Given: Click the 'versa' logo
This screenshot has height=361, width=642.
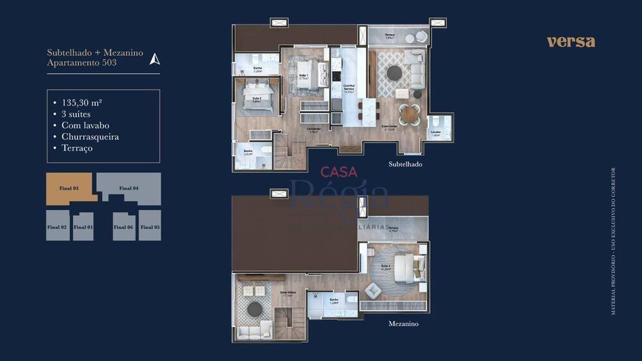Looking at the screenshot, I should [571, 42].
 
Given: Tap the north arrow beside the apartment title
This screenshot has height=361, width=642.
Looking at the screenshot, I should [154, 59].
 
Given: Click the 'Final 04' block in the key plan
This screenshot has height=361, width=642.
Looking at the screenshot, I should [129, 188].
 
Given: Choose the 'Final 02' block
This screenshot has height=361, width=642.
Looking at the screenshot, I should [56, 227].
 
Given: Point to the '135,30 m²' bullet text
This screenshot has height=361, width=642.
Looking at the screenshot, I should [82, 101].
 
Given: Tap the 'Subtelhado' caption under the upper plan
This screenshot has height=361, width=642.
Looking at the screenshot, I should [405, 164].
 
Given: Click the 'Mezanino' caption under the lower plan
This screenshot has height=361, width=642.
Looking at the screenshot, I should [403, 324].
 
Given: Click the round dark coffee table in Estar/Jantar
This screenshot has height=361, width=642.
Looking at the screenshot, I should [394, 72].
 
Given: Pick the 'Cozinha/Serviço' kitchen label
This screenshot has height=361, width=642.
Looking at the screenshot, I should [349, 89].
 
